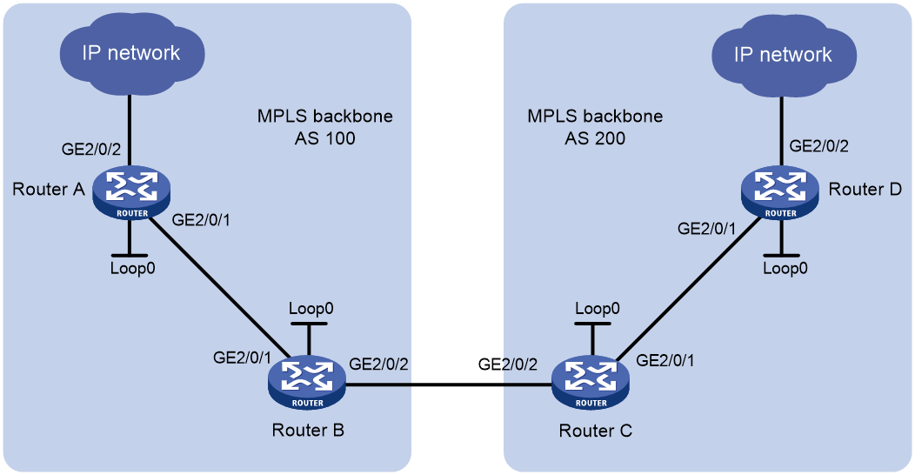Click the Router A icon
click(132, 192)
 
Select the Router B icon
click(307, 382)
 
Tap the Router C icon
click(591, 382)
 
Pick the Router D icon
click(780, 192)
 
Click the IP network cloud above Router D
click(784, 56)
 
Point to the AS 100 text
click(325, 138)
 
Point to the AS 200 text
click(595, 138)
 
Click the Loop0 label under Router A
click(133, 269)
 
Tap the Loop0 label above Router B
click(311, 309)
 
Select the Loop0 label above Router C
click(598, 309)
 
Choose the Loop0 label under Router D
click(785, 269)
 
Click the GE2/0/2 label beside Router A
click(91, 150)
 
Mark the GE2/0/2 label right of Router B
click(378, 365)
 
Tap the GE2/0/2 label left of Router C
click(508, 365)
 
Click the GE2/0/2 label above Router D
click(818, 146)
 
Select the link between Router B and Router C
click(449, 385)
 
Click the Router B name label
click(308, 431)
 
